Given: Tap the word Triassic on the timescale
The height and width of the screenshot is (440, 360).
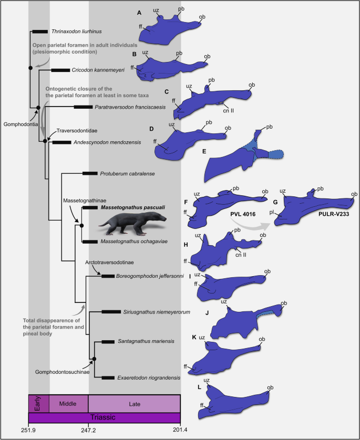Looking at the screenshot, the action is click(104, 418).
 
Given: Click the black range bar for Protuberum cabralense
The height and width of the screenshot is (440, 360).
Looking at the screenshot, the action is click(90, 173).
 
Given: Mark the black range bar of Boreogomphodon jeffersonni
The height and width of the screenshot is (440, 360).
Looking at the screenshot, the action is click(108, 276).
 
